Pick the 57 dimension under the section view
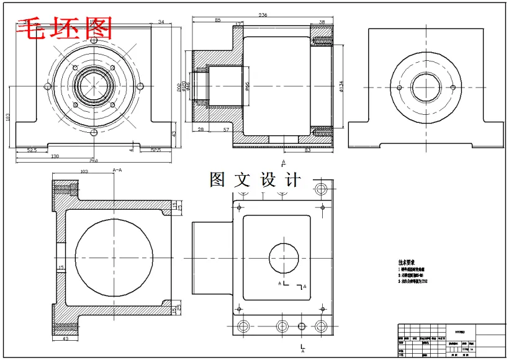point(227,130)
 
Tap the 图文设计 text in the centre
point(255,180)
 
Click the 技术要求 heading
point(407,263)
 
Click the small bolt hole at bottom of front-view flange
point(94,133)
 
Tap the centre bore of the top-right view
point(426,88)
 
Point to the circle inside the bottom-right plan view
point(284,257)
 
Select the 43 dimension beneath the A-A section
point(66,340)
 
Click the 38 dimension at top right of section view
point(322,22)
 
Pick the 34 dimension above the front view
point(161,22)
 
